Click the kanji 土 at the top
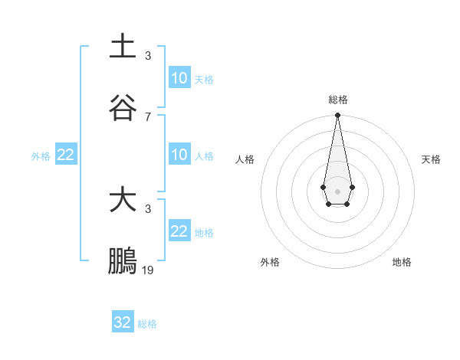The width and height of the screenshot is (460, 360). pyautogui.click(x=123, y=46)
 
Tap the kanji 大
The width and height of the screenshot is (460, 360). pyautogui.click(x=123, y=201)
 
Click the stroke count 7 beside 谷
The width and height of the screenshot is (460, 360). pyautogui.click(x=148, y=116)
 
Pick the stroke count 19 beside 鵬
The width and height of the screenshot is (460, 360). pyautogui.click(x=148, y=270)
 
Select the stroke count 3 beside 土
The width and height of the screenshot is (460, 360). pyautogui.click(x=148, y=56)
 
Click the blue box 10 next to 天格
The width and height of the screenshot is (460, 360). pyautogui.click(x=179, y=78)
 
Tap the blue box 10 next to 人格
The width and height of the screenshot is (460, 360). pyautogui.click(x=179, y=155)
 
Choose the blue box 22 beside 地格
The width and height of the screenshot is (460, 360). pyautogui.click(x=179, y=231)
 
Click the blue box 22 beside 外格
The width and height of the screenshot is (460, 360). pyautogui.click(x=65, y=155)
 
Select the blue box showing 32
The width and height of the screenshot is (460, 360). pyautogui.click(x=123, y=322)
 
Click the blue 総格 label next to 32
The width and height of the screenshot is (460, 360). pyautogui.click(x=147, y=324)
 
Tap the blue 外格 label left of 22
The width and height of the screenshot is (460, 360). pyautogui.click(x=41, y=156)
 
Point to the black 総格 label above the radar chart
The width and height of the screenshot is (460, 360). pyautogui.click(x=337, y=100)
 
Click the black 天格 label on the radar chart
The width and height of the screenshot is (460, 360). pyautogui.click(x=431, y=159)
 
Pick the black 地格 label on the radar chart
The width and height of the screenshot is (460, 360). pyautogui.click(x=402, y=262)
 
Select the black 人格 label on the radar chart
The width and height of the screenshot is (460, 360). pyautogui.click(x=245, y=159)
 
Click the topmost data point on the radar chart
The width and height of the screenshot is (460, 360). pyautogui.click(x=337, y=116)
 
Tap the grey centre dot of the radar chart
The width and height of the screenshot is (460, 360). pyautogui.click(x=337, y=190)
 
